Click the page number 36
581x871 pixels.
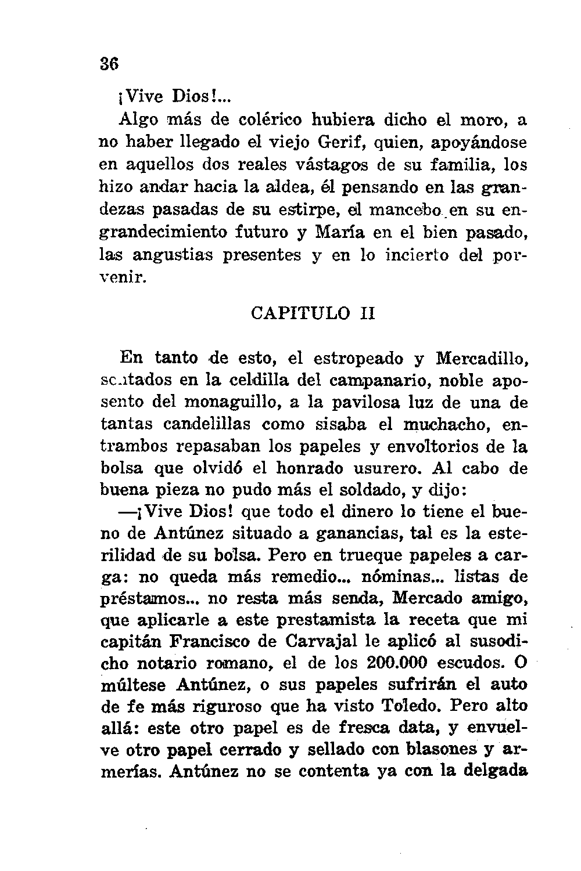click(x=110, y=66)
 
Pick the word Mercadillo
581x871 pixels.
click(x=481, y=358)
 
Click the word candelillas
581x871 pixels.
click(x=207, y=424)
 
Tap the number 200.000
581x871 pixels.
click(x=397, y=663)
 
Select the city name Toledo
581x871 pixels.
click(x=413, y=706)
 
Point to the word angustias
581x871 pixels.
click(x=173, y=255)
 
